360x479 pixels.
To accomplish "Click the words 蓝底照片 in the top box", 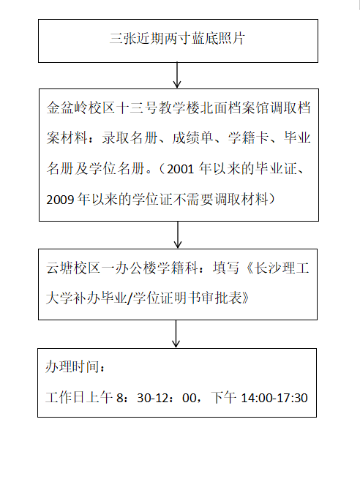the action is tap(218, 39).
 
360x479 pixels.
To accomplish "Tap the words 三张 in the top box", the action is tap(123, 39).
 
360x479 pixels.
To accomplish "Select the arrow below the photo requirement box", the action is tap(177, 75).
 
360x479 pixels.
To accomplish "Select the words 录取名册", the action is tap(130, 137).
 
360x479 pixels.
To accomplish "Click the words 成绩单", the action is tap(192, 137).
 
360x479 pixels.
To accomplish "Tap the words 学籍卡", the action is tap(248, 137).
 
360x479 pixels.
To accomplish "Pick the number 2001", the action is tap(180, 169).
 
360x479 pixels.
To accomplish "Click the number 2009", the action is tap(60, 200).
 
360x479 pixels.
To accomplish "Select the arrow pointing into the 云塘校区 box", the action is tap(178, 235).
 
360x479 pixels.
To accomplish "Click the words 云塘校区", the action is tap(73, 268).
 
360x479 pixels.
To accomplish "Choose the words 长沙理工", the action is tap(282, 268).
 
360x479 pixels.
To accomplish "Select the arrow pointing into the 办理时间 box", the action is tap(176, 334).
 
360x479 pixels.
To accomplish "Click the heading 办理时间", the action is tap(72, 366).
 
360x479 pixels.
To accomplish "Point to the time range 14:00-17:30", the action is tap(274, 398).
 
